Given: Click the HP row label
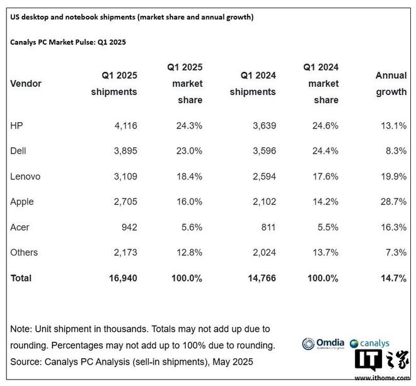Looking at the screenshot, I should pos(18,125).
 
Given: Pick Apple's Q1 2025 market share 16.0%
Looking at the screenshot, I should pos(189,202).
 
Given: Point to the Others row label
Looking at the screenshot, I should pos(24,253).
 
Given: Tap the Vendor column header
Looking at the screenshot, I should pos(26,84).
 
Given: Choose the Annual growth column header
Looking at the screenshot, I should pos(391,84).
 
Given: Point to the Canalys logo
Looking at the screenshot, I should pos(370,344).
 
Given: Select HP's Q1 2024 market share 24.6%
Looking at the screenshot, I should pos(325,125).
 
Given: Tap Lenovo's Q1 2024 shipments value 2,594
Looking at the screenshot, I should pos(262,176).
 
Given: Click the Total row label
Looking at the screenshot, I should pos(21,278).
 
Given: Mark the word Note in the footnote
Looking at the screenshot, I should pos(21,329).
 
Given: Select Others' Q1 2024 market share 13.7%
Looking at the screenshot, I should pos(325,253).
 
